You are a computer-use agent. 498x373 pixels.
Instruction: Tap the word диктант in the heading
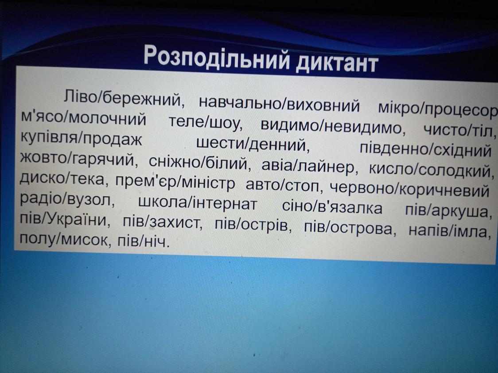point(337,62)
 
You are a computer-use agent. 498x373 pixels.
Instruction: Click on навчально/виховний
point(279,104)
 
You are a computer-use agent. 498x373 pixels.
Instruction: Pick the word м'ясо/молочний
point(83,119)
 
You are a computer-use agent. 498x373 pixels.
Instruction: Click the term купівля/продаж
point(82,138)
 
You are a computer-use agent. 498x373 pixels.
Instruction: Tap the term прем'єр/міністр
point(175,183)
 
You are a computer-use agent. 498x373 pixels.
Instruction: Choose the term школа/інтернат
point(198,203)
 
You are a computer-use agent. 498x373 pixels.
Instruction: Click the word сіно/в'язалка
point(332,207)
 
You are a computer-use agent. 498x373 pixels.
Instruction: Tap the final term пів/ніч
point(142,242)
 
